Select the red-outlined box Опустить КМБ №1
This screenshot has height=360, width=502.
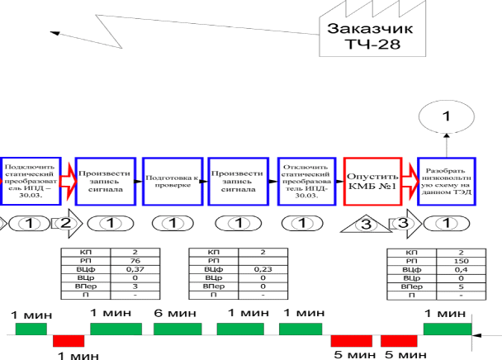click(x=372, y=181)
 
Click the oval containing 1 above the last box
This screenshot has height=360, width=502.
click(x=446, y=116)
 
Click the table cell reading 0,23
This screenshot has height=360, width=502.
click(x=262, y=268)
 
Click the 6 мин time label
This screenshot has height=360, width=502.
click(x=171, y=314)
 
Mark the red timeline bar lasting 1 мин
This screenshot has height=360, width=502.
click(x=69, y=341)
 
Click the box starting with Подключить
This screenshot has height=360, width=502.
click(x=30, y=180)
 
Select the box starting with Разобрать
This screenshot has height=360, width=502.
click(x=446, y=181)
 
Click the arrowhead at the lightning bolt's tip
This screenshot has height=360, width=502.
click(x=54, y=33)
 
